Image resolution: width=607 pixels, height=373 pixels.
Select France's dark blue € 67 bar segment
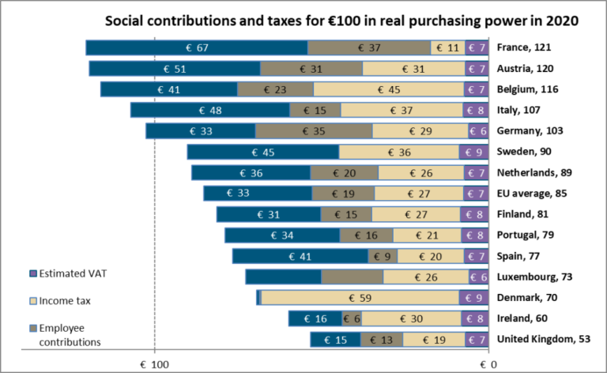pyautogui.click(x=196, y=48)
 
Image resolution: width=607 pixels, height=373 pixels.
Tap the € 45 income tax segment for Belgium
pyautogui.click(x=389, y=89)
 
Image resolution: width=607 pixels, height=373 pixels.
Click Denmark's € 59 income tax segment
pyautogui.click(x=360, y=297)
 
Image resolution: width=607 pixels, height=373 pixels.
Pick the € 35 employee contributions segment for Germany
pyautogui.click(x=313, y=130)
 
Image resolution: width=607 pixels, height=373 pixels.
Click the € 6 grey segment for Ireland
pyautogui.click(x=352, y=318)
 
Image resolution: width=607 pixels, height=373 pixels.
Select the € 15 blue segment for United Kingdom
pyautogui.click(x=335, y=339)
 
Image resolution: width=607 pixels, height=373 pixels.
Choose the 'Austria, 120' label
pyautogui.click(x=528, y=69)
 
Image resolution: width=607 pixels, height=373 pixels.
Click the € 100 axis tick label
pyautogui.click(x=155, y=364)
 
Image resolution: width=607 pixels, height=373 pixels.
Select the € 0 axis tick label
pyautogui.click(x=488, y=364)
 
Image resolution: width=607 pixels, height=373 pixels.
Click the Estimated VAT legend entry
pyautogui.click(x=71, y=273)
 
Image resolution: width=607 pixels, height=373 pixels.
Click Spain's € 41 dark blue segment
pyautogui.click(x=300, y=256)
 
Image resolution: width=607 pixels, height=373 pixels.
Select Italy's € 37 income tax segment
pyautogui.click(x=402, y=110)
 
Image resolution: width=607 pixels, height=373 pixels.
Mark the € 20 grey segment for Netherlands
pyautogui.click(x=344, y=172)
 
